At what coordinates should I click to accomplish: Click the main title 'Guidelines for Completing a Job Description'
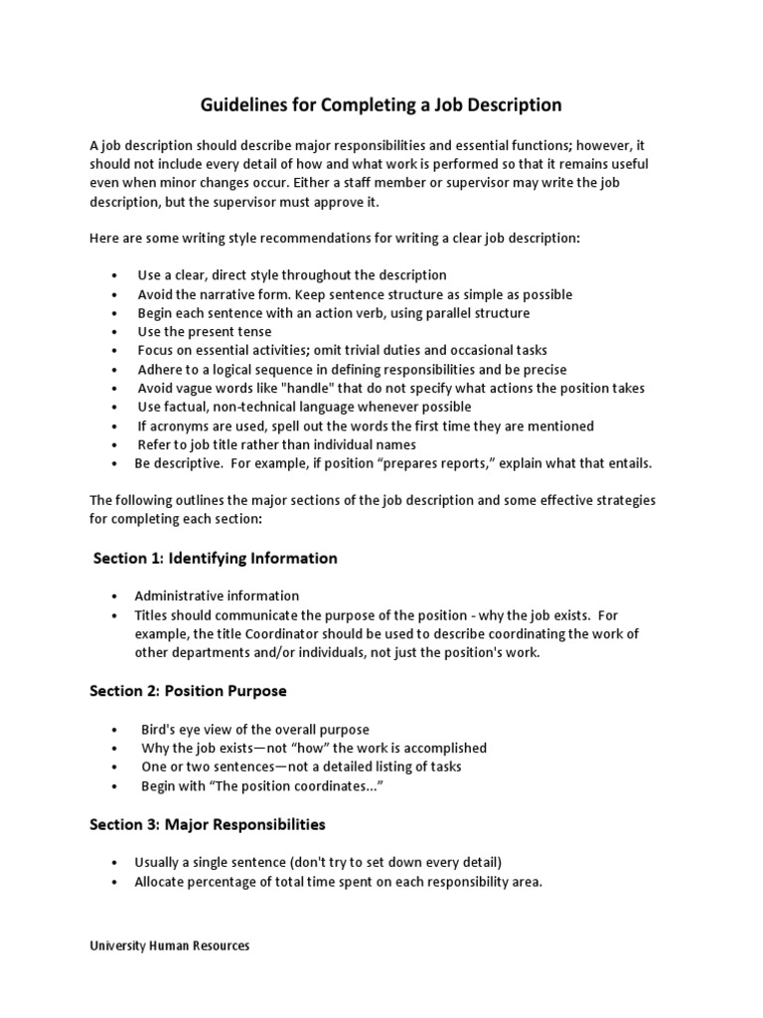381,104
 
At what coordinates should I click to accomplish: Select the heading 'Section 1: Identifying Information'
216,558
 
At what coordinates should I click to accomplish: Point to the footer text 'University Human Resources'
170,945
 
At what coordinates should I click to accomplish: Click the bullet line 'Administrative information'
217,595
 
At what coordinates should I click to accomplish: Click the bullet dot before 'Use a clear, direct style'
116,275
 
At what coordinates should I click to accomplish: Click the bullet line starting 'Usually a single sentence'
307,862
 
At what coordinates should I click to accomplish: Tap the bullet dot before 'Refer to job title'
116,445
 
